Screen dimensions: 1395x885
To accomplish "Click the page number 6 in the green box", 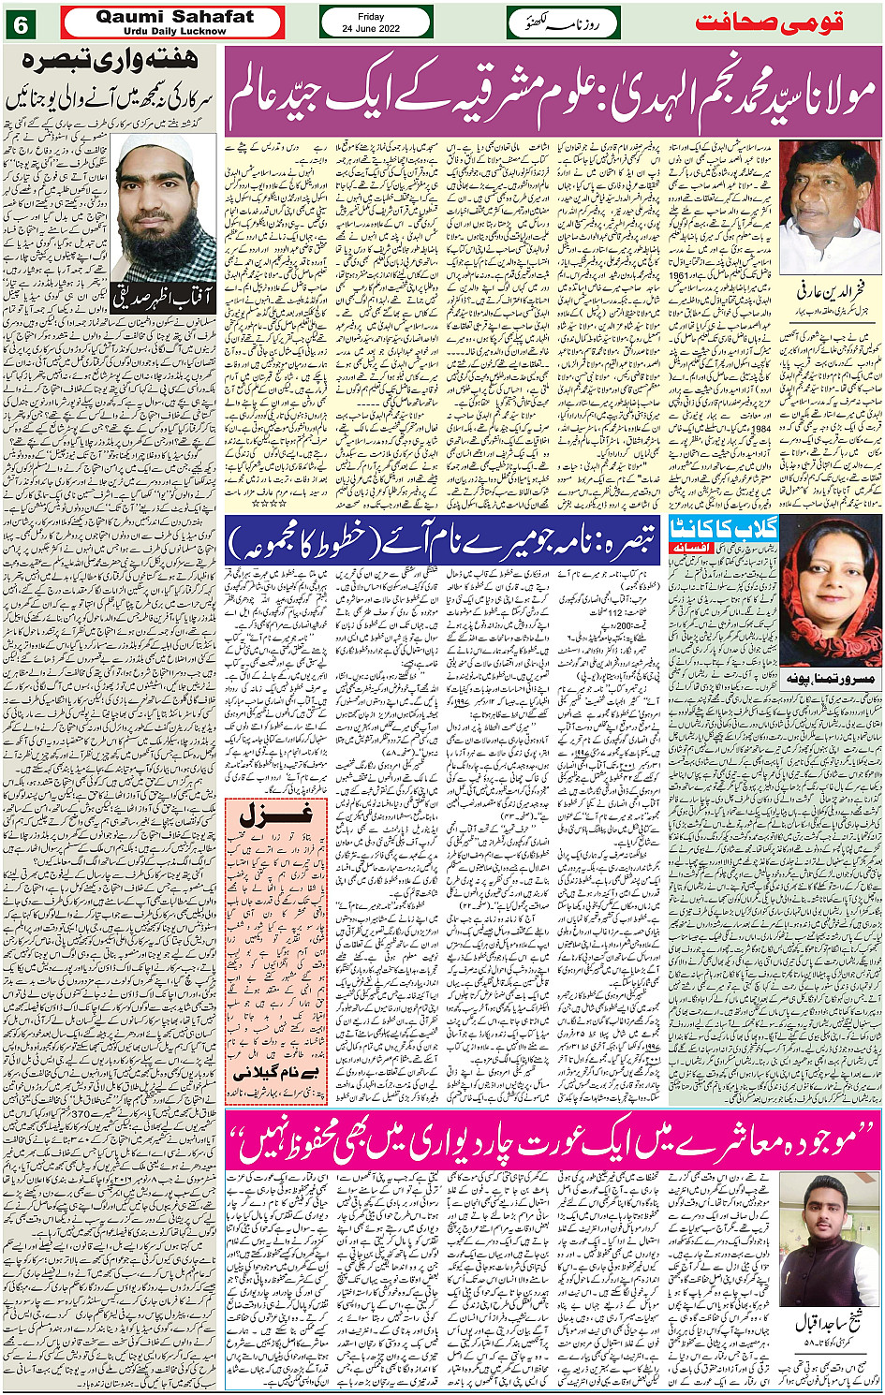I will (x=20, y=23).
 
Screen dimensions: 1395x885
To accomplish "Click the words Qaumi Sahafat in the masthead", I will (x=173, y=17).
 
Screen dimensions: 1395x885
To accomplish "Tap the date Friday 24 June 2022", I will (x=376, y=22).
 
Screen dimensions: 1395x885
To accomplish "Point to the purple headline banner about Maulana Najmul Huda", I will (x=553, y=92).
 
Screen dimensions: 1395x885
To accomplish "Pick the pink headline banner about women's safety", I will (x=553, y=1138).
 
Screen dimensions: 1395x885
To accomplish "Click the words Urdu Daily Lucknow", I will (x=173, y=31).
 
